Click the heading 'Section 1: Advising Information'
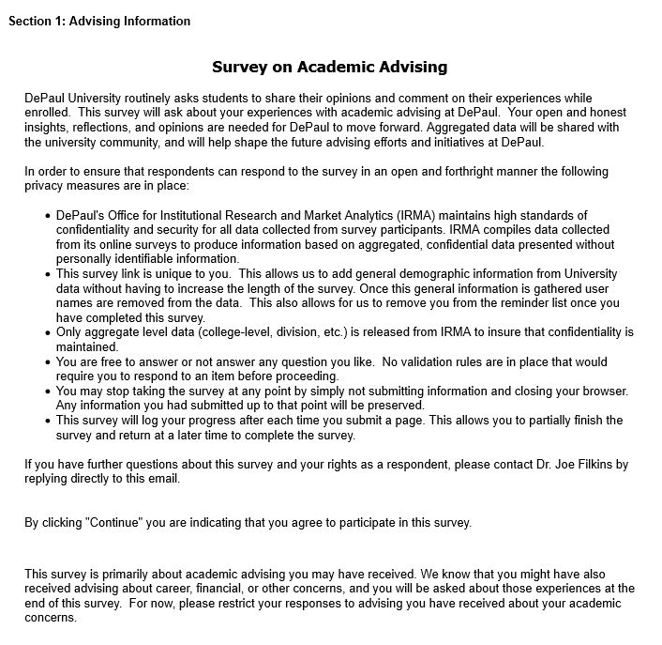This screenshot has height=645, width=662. click(x=99, y=21)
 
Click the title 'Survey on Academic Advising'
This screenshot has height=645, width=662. click(x=329, y=67)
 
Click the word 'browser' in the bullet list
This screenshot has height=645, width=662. click(x=602, y=391)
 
